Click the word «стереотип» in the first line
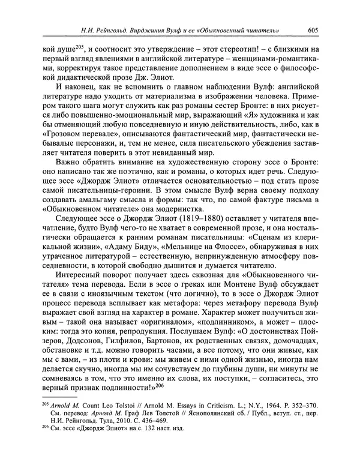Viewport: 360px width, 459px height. pos(212,48)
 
